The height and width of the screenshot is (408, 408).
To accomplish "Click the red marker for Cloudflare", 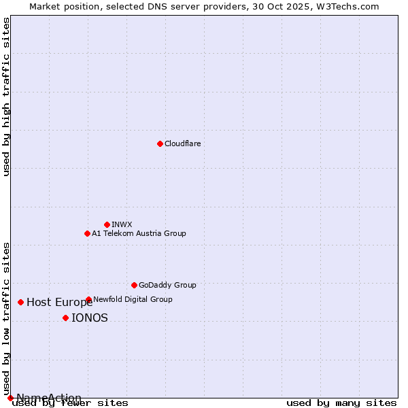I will pyautogui.click(x=160, y=143).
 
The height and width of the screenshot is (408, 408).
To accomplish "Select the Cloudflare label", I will pyautogui.click(x=182, y=143).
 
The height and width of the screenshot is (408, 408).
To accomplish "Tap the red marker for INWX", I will pyautogui.click(x=107, y=224).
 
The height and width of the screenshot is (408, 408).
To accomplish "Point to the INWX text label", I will pyautogui.click(x=122, y=224).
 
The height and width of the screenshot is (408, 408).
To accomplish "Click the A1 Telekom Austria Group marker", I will pyautogui.click(x=87, y=233).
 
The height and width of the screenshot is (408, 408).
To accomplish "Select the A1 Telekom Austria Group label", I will pyautogui.click(x=139, y=233).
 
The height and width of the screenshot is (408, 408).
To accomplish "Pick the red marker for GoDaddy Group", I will pyautogui.click(x=134, y=285).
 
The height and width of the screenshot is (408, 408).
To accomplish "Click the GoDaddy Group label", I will pyautogui.click(x=167, y=285).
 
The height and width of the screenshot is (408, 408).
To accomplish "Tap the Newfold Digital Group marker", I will pyautogui.click(x=88, y=299).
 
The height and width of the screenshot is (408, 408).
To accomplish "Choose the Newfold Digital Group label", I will pyautogui.click(x=133, y=299).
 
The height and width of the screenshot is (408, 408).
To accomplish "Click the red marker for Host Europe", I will pyautogui.click(x=21, y=302).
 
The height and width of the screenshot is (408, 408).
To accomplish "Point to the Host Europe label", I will pyautogui.click(x=60, y=303).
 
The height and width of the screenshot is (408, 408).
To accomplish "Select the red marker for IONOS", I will pyautogui.click(x=65, y=318).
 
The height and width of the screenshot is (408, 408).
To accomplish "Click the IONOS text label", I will pyautogui.click(x=90, y=318).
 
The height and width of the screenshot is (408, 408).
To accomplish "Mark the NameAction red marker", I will pyautogui.click(x=10, y=398).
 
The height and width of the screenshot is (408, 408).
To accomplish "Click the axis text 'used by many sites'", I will pyautogui.click(x=341, y=403).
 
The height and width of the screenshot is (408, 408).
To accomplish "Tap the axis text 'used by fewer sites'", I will pyautogui.click(x=71, y=403).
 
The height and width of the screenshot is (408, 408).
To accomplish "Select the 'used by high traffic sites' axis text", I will pyautogui.click(x=7, y=97).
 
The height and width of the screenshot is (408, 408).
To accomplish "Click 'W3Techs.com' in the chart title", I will pyautogui.click(x=351, y=6).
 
